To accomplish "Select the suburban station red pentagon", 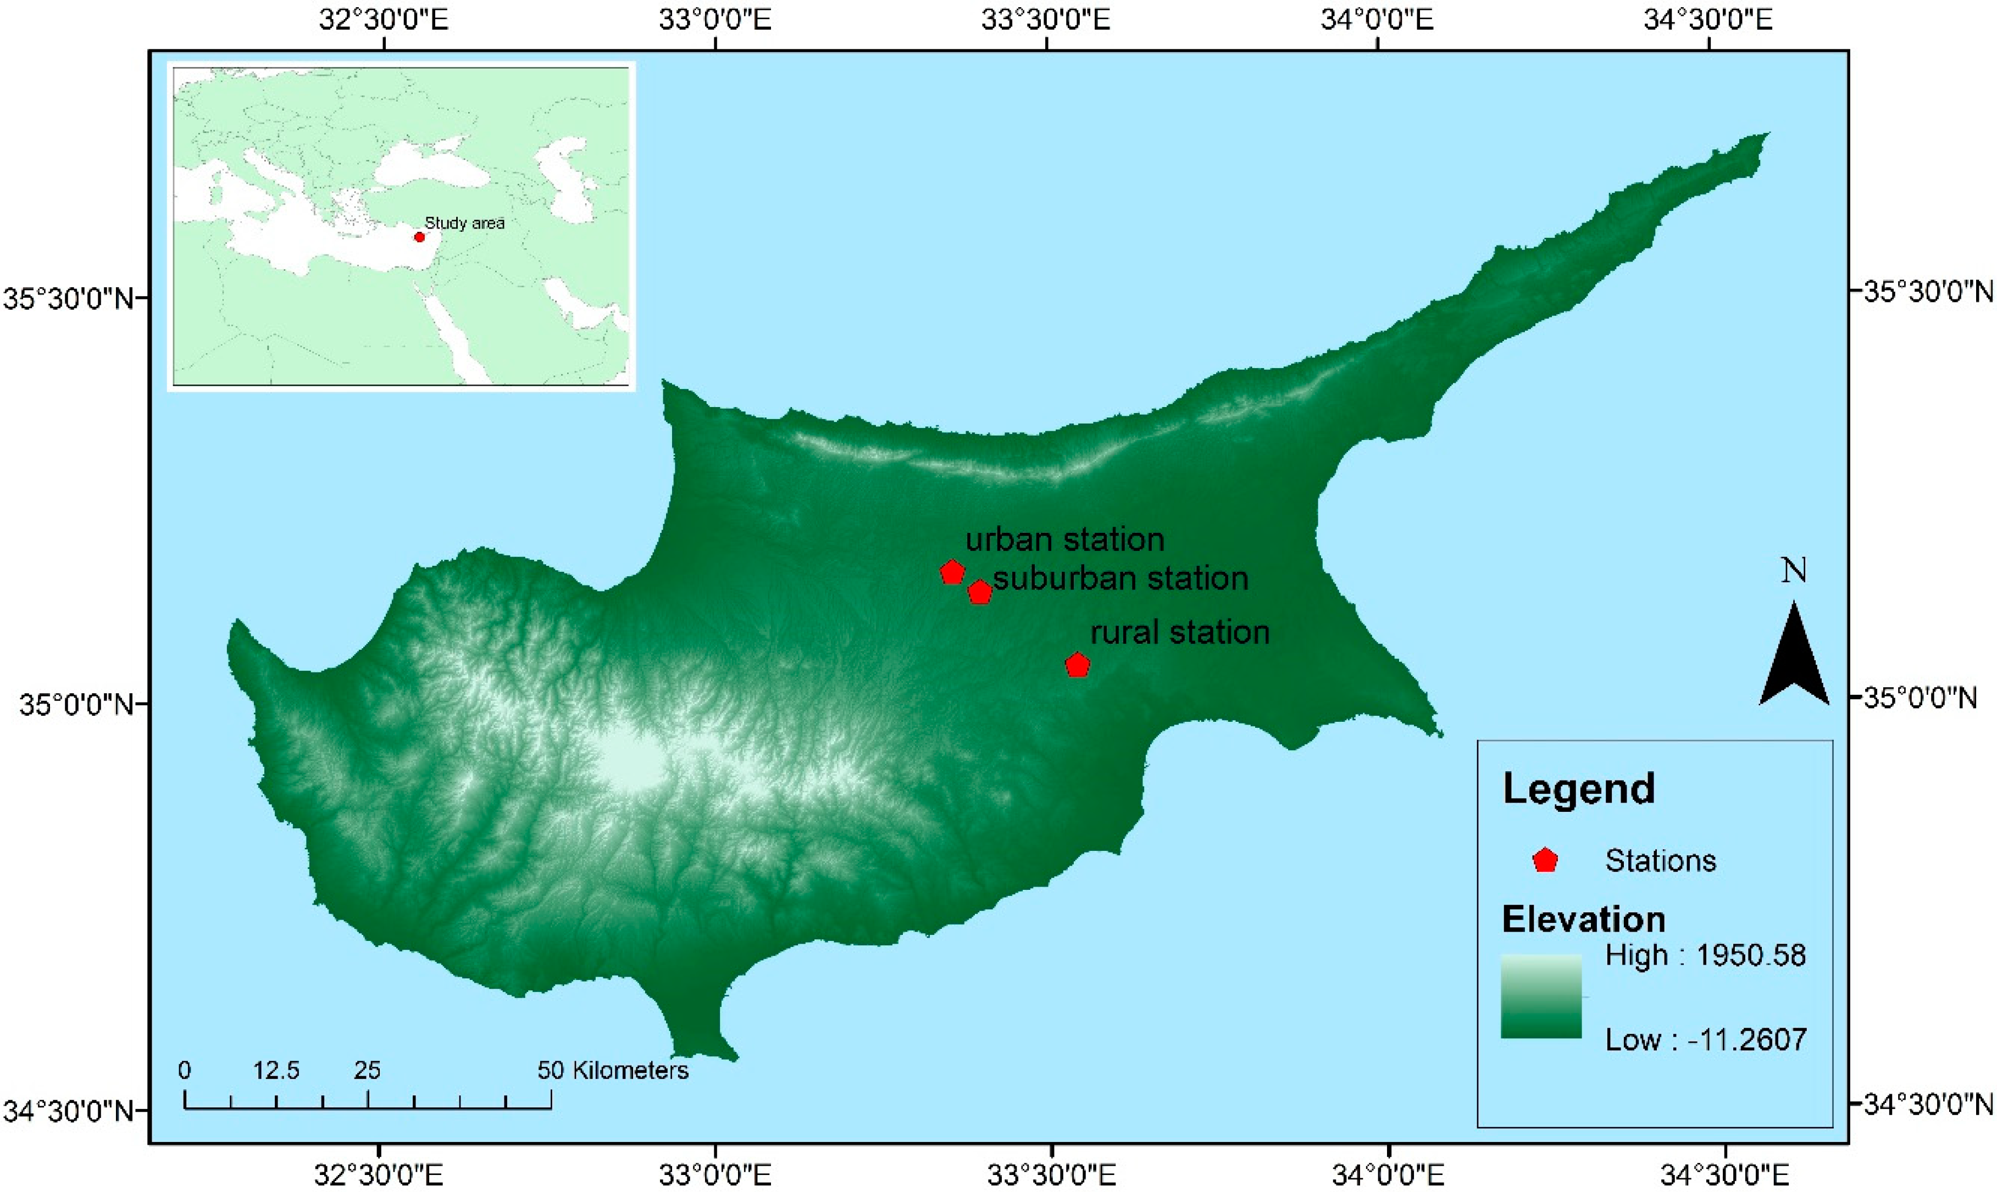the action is pos(979,593).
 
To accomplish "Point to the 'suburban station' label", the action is pos(1120,578).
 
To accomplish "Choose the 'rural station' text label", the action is pos(1179,633).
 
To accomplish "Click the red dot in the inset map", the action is pos(419,237).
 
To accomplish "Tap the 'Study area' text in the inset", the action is pos(464,224).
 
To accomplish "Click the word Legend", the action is pos(1578,789).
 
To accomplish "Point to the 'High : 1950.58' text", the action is pos(1705,956).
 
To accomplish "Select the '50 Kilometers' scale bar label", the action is pos(613,1071).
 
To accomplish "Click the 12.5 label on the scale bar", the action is pos(276,1071).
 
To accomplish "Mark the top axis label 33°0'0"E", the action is pos(715,19).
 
